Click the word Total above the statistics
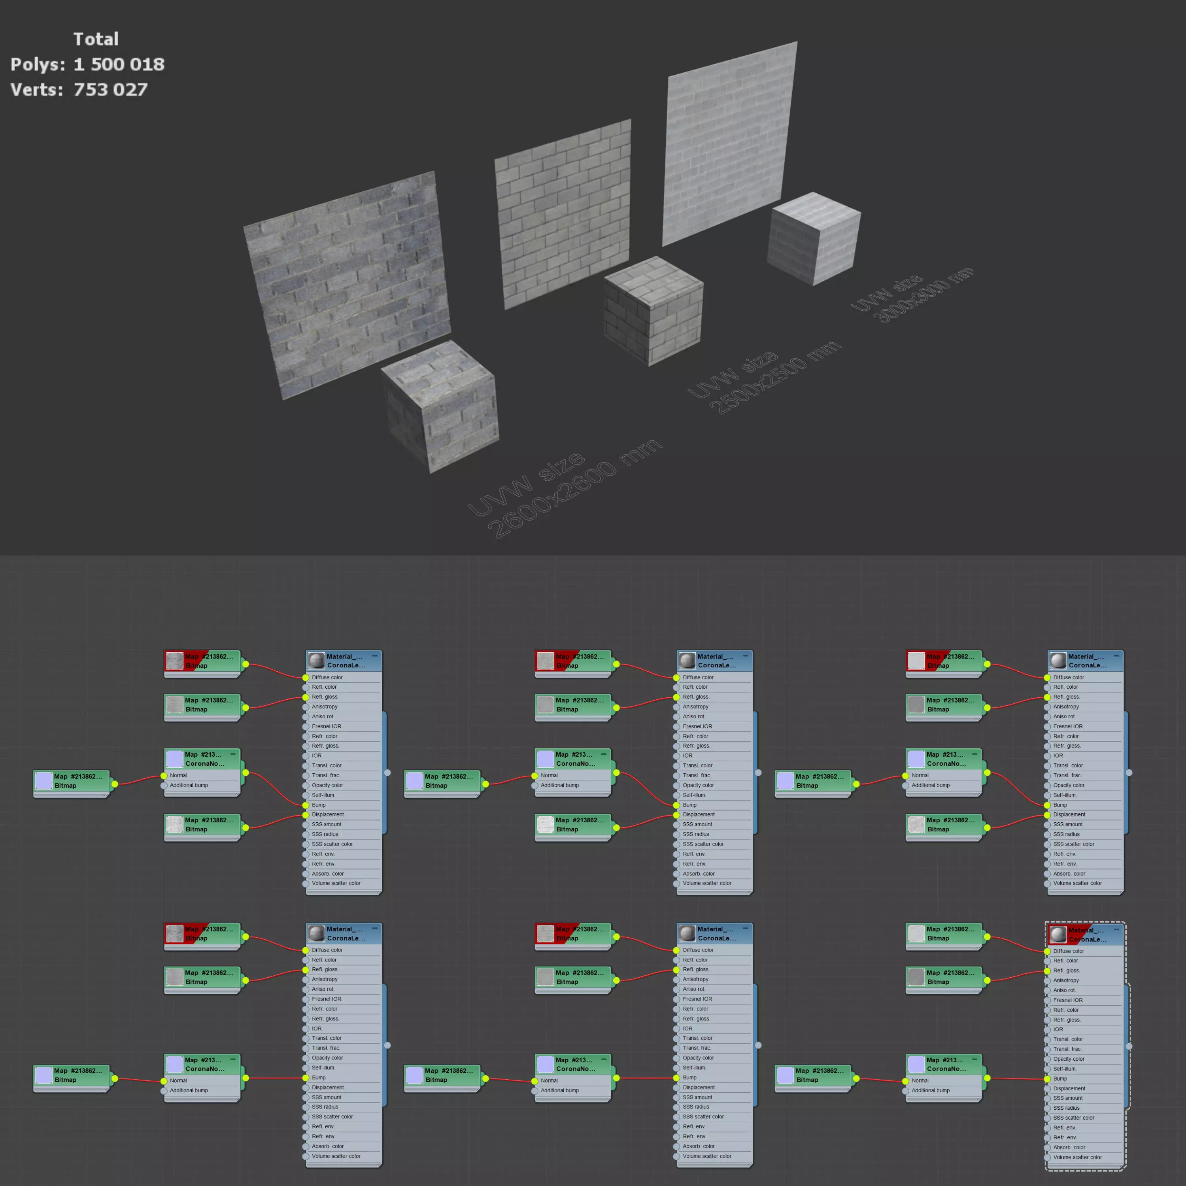(x=96, y=39)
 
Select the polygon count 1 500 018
(x=119, y=64)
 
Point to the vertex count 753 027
(x=111, y=90)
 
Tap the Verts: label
(x=37, y=90)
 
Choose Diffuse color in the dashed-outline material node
(x=1068, y=951)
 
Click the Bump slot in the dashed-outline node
(x=1060, y=1078)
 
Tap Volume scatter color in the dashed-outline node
(x=1077, y=1157)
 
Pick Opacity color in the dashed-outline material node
(x=1068, y=1059)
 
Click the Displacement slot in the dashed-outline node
(x=1069, y=1088)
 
